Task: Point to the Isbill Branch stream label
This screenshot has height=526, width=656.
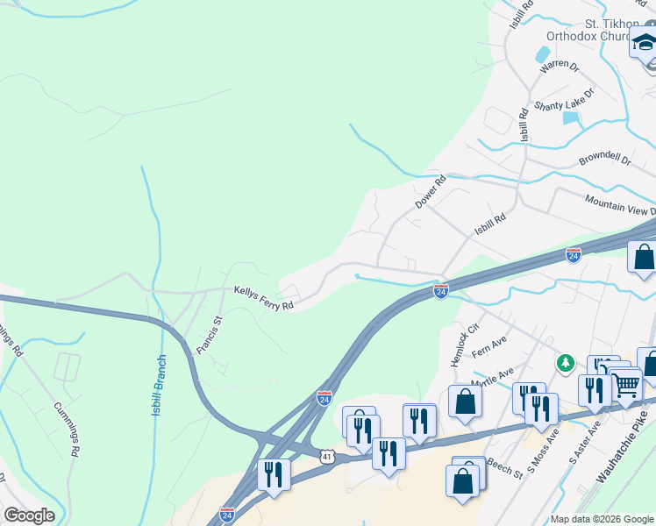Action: pyautogui.click(x=159, y=384)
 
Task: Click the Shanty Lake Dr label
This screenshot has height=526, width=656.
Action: pyautogui.click(x=564, y=97)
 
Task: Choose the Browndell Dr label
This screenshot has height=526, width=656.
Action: pyautogui.click(x=604, y=160)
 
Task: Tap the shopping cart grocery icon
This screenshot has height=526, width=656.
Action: pyautogui.click(x=625, y=384)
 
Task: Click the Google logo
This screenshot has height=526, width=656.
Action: pyautogui.click(x=29, y=515)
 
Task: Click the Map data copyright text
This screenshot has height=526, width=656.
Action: pyautogui.click(x=602, y=519)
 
